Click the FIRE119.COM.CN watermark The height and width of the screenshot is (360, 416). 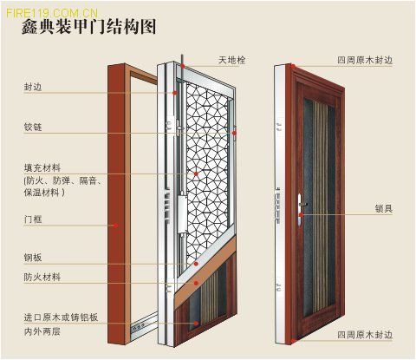point(52,13)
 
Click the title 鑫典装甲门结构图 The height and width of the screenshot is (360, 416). point(89,28)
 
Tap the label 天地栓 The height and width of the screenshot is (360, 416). point(231,60)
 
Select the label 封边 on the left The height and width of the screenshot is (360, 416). point(33,87)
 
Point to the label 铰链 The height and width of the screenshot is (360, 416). point(33,127)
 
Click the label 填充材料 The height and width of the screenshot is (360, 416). point(42,167)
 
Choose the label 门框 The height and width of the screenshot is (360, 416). point(33,219)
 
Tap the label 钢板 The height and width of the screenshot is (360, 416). point(33,258)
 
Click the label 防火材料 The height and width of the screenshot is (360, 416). point(42,277)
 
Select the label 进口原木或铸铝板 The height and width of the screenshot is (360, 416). point(62,317)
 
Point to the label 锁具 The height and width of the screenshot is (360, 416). point(384,208)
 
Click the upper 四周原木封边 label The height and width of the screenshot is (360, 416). point(365,60)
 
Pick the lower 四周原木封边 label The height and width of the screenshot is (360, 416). point(365,335)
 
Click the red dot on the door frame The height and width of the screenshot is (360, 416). point(116,226)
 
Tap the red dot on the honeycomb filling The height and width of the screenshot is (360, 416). point(196,173)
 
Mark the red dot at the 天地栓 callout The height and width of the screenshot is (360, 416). point(183,66)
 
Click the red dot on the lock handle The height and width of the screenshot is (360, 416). point(302,215)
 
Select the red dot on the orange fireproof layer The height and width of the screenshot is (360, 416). point(196,283)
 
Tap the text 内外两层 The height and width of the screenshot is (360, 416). point(42,331)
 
